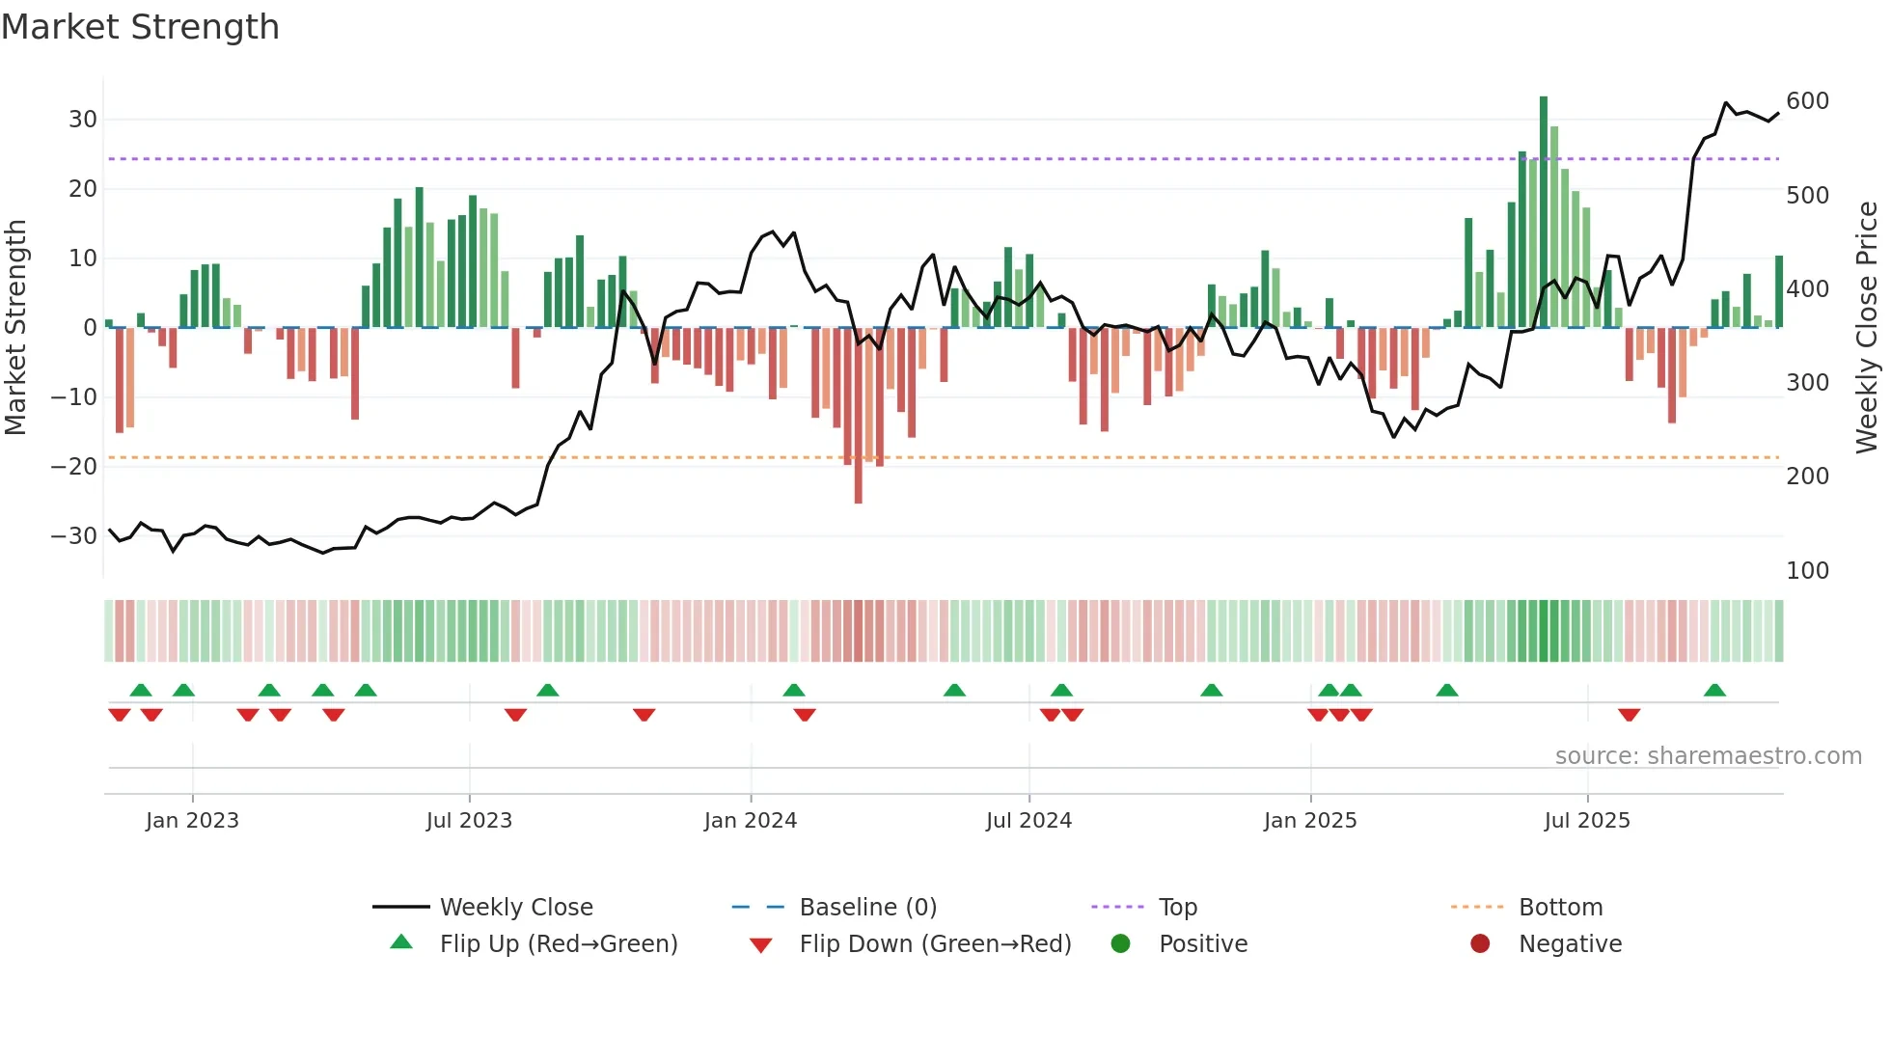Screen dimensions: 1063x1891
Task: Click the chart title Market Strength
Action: [x=140, y=27]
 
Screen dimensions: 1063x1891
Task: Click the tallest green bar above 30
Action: [x=1544, y=212]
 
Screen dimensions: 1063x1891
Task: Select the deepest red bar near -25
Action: [x=858, y=415]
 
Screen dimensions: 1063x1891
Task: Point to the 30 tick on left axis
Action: [x=83, y=120]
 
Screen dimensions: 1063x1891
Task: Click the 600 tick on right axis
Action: [x=1807, y=101]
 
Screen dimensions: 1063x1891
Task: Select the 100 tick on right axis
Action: [x=1807, y=571]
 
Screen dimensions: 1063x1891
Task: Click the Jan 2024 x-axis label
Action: [x=751, y=821]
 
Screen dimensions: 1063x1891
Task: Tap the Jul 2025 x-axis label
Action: [x=1587, y=821]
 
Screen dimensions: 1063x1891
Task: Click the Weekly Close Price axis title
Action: [x=1867, y=328]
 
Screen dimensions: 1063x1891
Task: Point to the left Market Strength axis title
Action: [x=15, y=328]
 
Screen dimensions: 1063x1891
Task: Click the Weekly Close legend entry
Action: [x=516, y=908]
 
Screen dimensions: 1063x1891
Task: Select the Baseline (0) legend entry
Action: [x=867, y=908]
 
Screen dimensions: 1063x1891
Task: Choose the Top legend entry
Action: [x=1177, y=908]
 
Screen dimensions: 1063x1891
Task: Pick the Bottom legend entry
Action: [x=1560, y=908]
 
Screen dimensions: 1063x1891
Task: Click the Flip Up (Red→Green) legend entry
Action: [x=558, y=944]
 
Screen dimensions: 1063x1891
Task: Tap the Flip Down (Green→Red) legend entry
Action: [x=935, y=944]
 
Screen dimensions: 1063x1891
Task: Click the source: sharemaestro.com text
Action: [x=1708, y=756]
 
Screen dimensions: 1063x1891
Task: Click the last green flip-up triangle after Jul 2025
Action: [x=1714, y=691]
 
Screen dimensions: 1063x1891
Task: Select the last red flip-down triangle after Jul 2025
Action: [x=1629, y=715]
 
